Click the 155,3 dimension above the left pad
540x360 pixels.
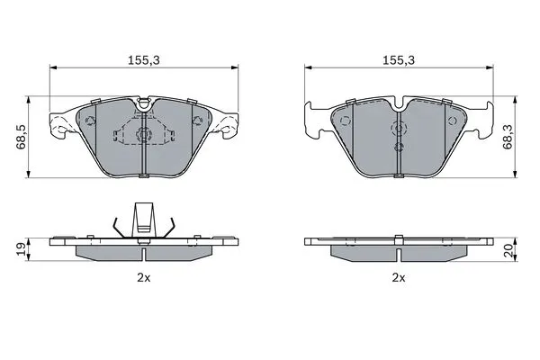[144, 60]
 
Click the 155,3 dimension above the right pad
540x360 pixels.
[399, 60]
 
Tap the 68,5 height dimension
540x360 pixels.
[22, 137]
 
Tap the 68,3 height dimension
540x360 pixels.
[508, 137]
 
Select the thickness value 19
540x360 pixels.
[22, 248]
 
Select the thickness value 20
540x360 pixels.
[508, 249]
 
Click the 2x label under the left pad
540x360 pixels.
[144, 278]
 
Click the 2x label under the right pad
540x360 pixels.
[399, 278]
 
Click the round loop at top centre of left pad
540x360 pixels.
[144, 104]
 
